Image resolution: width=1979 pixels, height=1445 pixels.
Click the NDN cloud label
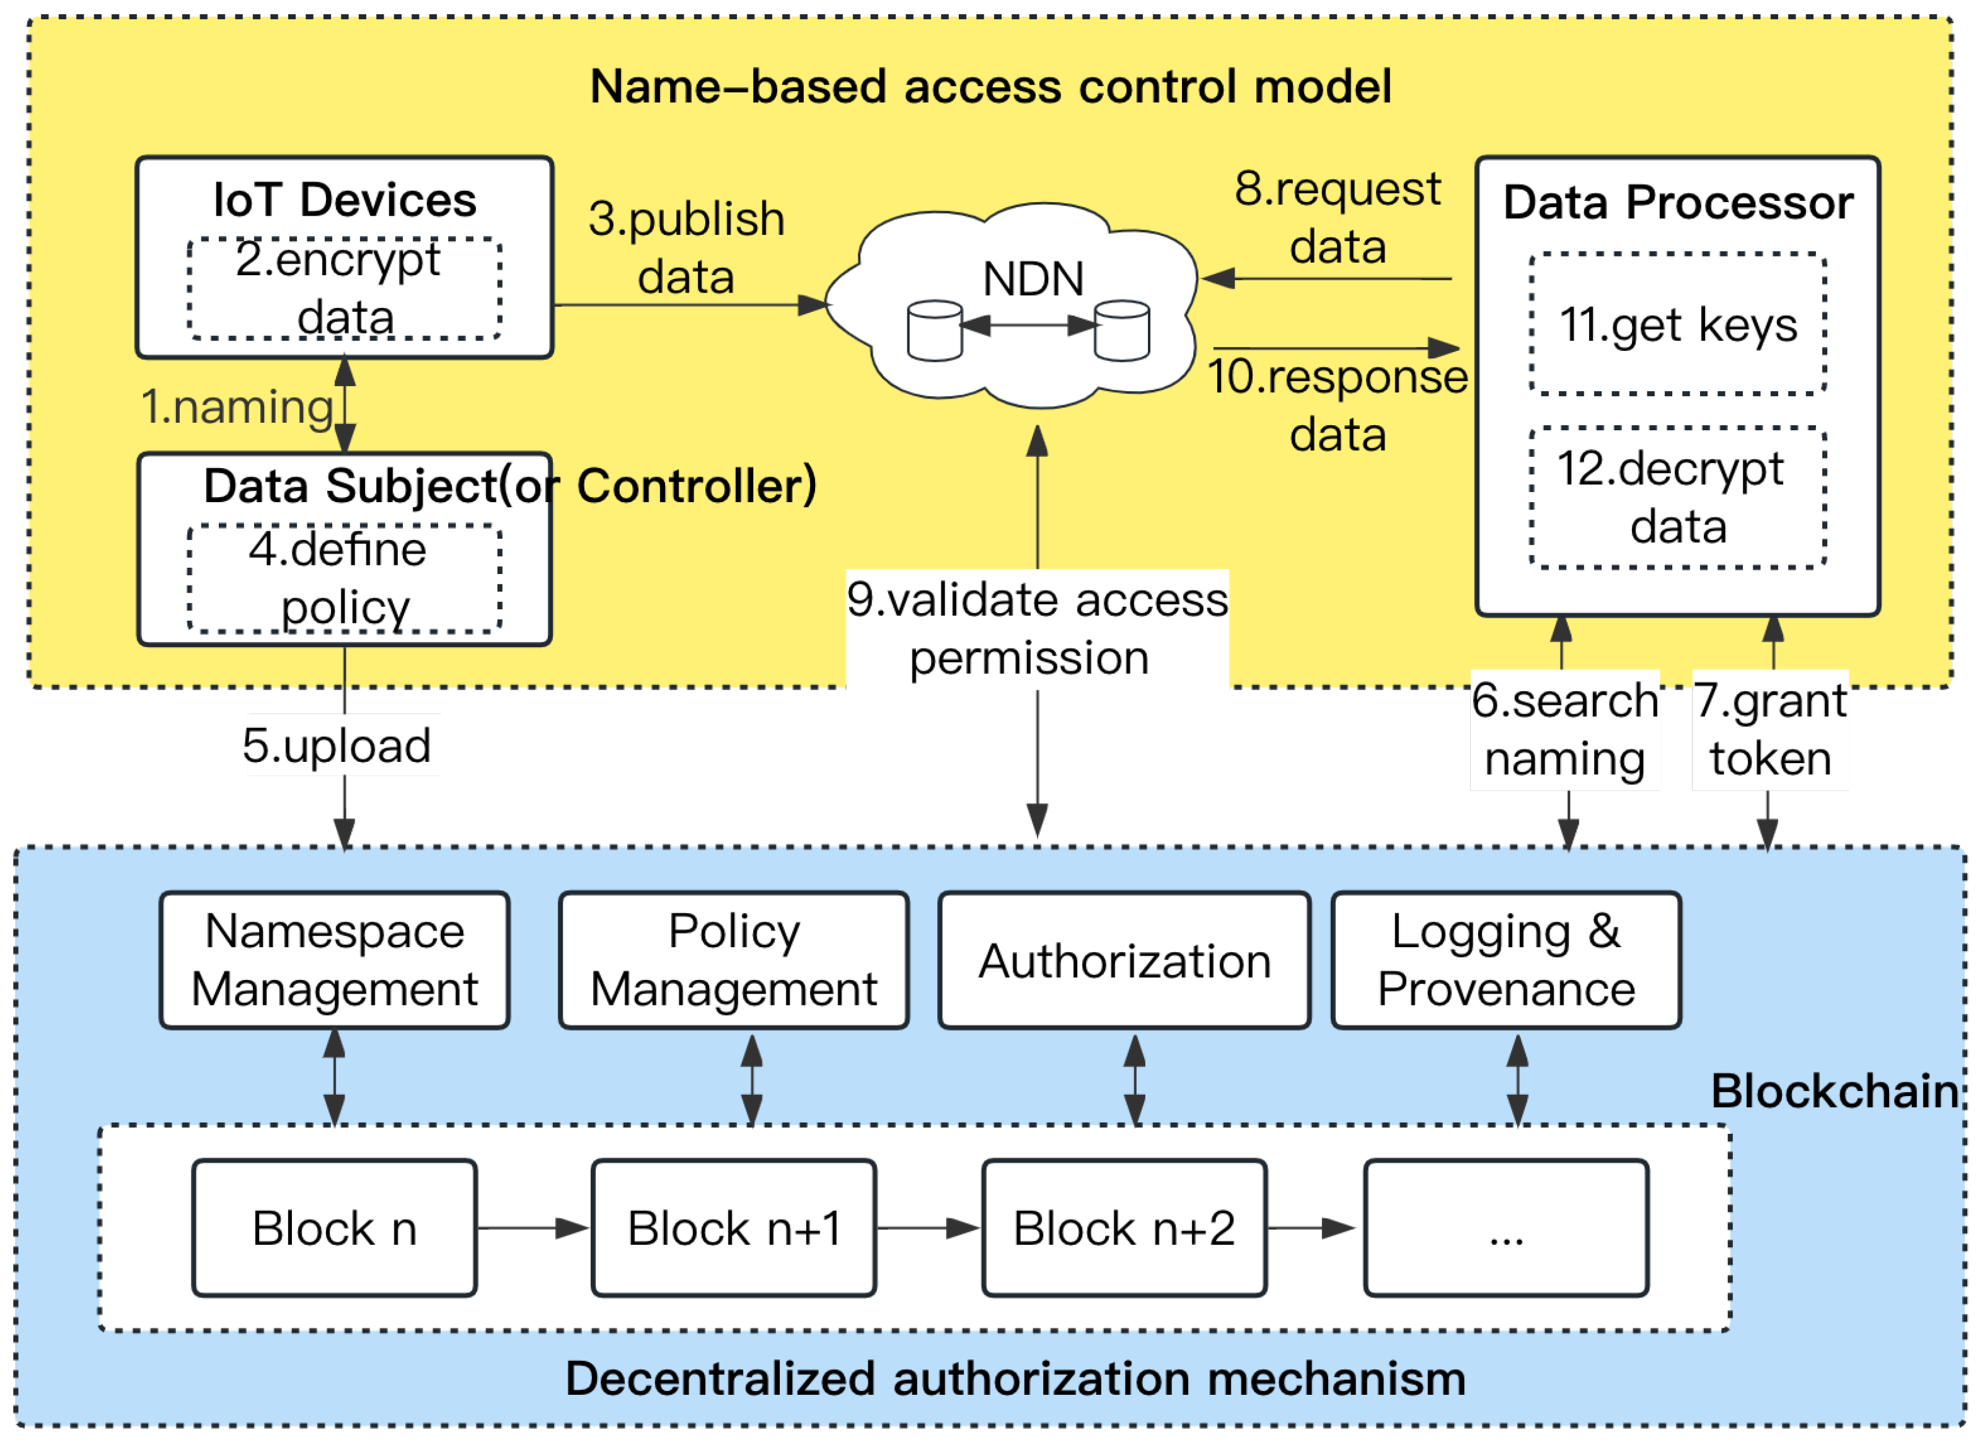coord(1033,280)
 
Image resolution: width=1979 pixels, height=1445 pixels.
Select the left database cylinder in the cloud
coord(935,330)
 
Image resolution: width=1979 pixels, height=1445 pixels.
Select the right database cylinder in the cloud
coord(1122,330)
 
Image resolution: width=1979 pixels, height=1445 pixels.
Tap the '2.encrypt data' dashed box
coord(345,289)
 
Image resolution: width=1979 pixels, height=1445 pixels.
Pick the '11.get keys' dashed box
coord(1677,324)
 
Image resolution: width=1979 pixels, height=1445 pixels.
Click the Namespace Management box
coord(334,960)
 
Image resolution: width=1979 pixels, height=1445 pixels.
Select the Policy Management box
coord(733,960)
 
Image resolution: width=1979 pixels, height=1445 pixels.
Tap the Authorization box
coord(1124,960)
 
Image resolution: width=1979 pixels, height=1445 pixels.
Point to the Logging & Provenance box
coord(1505,960)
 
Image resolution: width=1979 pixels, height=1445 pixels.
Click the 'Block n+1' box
coord(733,1227)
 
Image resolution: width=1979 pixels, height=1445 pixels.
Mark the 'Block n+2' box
coord(1124,1227)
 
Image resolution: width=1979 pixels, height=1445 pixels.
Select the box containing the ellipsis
coord(1505,1227)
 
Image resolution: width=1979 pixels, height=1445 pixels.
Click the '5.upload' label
coord(337,745)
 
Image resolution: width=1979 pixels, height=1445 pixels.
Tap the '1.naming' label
coord(237,407)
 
